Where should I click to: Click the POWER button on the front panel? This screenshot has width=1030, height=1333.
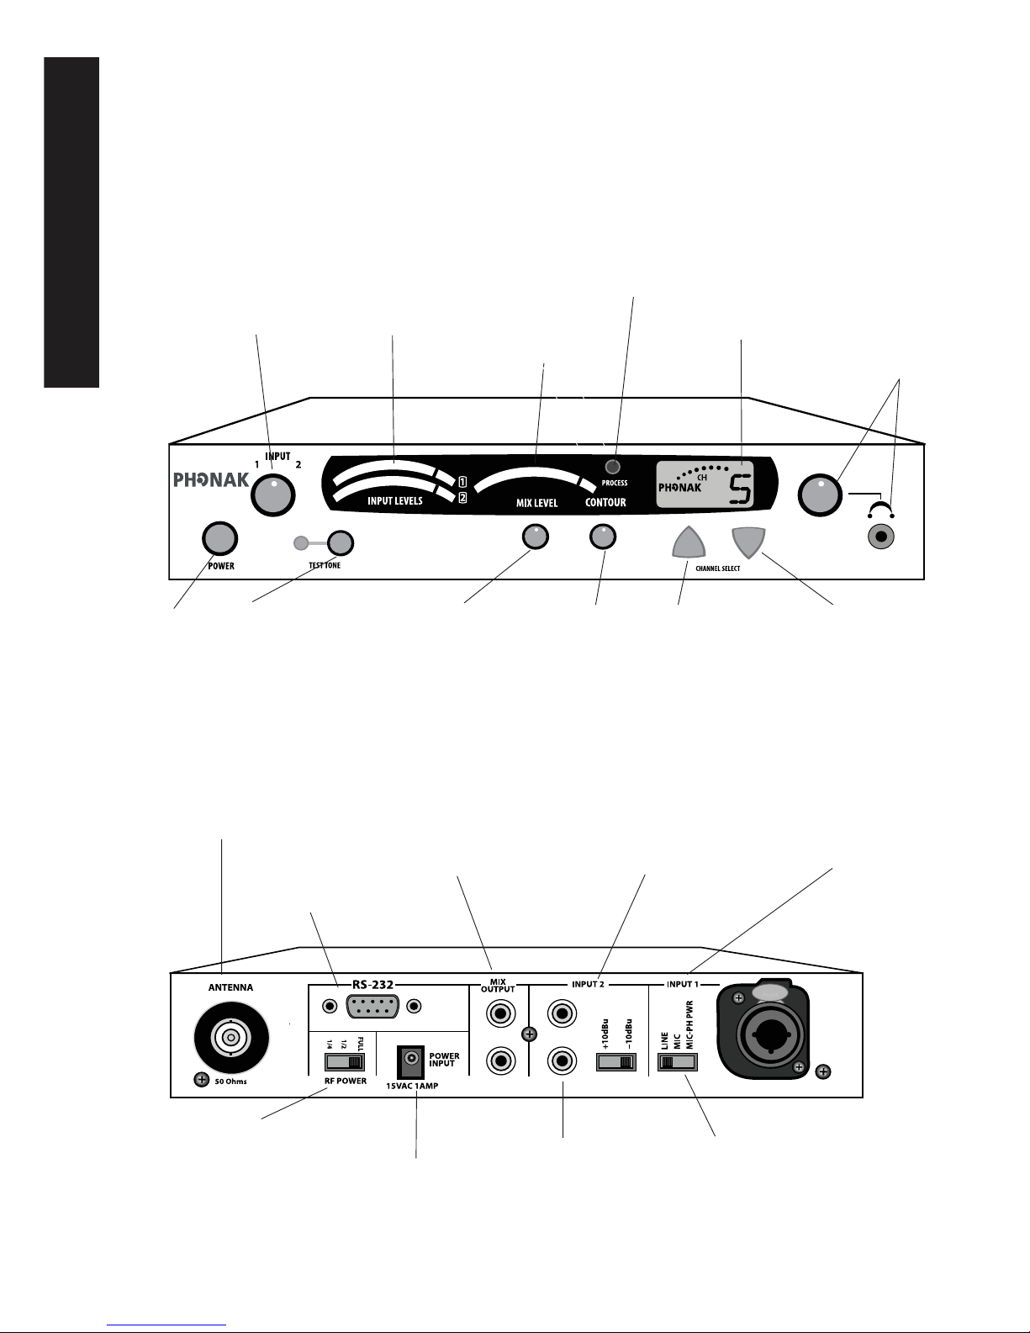coord(219,538)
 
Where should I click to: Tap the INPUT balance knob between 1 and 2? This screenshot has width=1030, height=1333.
coord(272,495)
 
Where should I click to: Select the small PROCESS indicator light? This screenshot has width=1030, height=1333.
coord(612,467)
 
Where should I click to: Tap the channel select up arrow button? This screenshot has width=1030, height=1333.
coord(689,543)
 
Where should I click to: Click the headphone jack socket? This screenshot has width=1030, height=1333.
coord(882,538)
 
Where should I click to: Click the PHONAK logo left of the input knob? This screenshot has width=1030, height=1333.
coord(211,479)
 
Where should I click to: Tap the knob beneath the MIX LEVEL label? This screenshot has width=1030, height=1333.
coord(536,537)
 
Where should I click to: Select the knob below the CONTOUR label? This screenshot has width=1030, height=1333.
coord(603,537)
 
